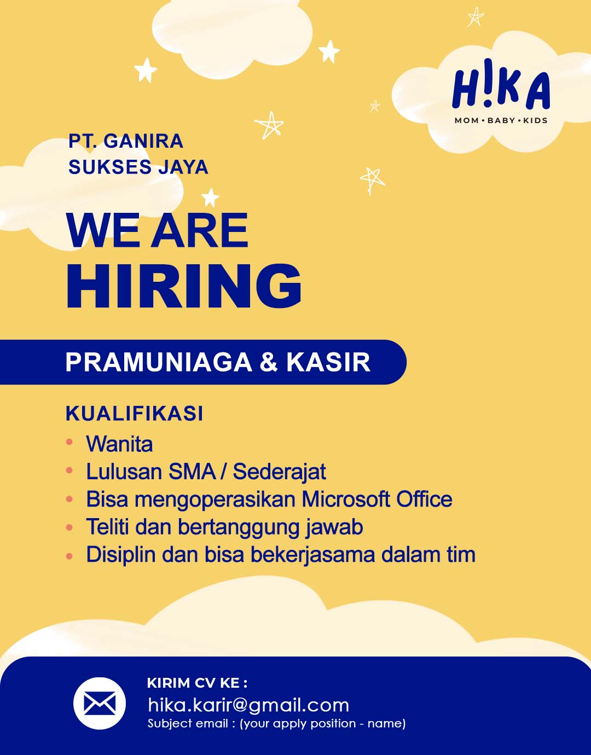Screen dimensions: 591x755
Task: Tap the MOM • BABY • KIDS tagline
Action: click(x=501, y=120)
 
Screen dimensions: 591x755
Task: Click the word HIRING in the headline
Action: click(x=184, y=286)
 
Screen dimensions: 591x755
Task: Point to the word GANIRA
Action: click(x=143, y=141)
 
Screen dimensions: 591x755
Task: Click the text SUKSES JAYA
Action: click(x=138, y=167)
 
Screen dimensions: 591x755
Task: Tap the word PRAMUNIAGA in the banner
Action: click(x=159, y=362)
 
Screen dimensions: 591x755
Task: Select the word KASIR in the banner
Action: click(x=328, y=362)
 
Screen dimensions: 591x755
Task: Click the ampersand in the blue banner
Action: click(x=269, y=362)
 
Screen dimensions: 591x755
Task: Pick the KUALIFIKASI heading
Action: click(x=135, y=414)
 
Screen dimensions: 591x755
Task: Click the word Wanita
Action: click(x=119, y=444)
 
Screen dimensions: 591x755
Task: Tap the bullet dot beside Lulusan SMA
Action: click(x=69, y=471)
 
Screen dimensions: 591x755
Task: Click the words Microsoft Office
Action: click(x=377, y=500)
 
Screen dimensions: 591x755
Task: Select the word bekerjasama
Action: click(x=312, y=555)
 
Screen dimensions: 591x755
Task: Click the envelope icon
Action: click(x=100, y=703)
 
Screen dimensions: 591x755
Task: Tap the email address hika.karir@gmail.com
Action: click(x=248, y=705)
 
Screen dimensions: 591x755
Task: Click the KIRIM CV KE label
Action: click(x=197, y=683)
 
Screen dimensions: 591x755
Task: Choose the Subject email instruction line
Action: click(x=276, y=723)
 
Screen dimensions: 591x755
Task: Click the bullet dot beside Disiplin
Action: click(x=69, y=556)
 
